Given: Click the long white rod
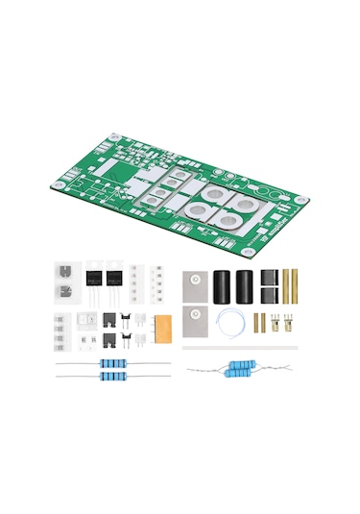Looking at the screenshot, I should [x=240, y=347].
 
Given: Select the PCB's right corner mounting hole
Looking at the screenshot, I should [x=301, y=199].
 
